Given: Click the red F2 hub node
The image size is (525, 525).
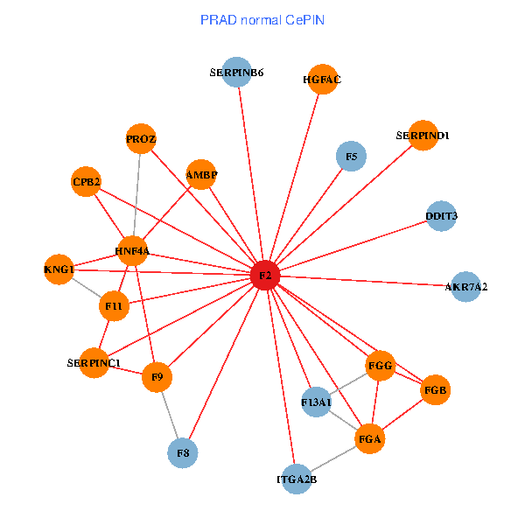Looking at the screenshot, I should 265,276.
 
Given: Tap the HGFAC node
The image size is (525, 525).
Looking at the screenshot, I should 323,80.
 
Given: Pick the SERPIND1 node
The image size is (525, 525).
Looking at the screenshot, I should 423,136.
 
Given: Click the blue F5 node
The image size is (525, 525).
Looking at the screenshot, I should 351,157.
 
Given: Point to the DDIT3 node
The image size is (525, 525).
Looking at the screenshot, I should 442,215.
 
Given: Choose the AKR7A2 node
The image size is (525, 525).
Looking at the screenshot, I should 465,286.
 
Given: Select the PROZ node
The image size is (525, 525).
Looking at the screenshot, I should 141,138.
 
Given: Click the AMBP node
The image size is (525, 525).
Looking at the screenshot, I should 201,174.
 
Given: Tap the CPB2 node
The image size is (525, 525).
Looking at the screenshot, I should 87,181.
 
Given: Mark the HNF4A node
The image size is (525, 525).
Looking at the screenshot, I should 132,251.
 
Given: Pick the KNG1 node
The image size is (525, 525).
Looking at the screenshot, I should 59,269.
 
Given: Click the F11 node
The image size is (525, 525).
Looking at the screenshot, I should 114,305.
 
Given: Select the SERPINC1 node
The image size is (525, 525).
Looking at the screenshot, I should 94,362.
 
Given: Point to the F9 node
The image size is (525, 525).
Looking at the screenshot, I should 157,377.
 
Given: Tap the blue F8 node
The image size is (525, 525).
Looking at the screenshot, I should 183,452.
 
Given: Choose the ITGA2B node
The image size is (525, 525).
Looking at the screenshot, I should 297,479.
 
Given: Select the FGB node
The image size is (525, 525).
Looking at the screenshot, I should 435,389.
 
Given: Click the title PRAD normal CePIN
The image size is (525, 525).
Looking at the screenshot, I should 262,19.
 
